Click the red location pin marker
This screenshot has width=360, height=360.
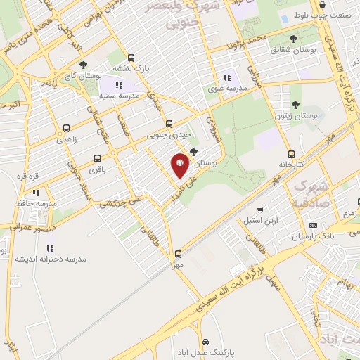click(x=181, y=163)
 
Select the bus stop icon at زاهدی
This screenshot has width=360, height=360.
click(x=66, y=129)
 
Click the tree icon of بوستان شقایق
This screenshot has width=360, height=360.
click(x=293, y=39)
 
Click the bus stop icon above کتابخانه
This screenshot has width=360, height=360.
click(x=291, y=154)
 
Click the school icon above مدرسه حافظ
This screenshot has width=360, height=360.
click(x=36, y=191)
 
